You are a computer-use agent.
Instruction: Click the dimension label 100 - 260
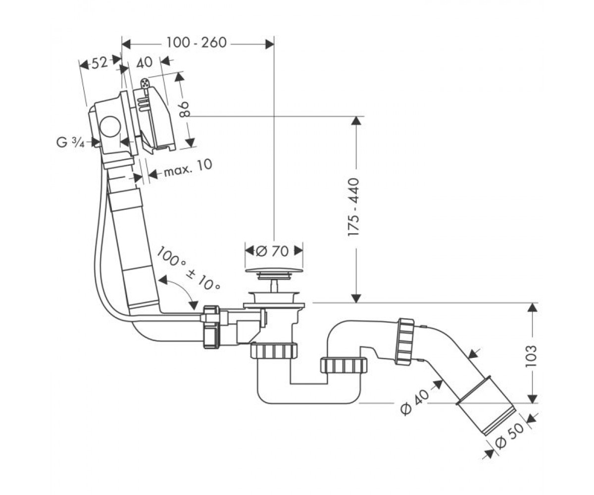[197, 43]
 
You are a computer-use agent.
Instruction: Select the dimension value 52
[99, 63]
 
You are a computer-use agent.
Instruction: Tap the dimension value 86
[185, 109]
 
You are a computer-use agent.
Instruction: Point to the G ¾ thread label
[71, 142]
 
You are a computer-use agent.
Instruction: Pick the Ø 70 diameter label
[272, 251]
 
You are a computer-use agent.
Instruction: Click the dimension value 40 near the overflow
[144, 62]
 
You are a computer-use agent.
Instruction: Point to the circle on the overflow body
[110, 126]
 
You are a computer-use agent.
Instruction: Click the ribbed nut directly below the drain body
[274, 350]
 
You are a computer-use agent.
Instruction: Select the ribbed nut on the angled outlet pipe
[405, 342]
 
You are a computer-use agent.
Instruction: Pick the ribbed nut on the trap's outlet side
[344, 365]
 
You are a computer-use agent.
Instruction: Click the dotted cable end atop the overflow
[145, 84]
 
